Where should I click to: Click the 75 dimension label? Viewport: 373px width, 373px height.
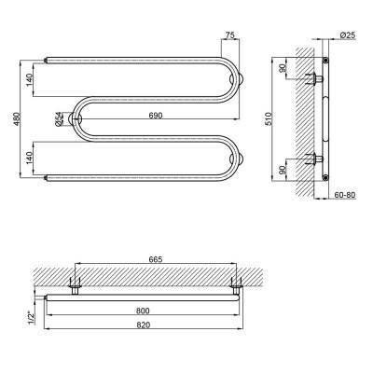229,35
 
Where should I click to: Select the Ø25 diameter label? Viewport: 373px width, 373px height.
348,35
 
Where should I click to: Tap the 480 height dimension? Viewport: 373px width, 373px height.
17,119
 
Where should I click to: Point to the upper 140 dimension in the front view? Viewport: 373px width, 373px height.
29,80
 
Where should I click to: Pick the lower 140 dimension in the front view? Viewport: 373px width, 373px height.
29,158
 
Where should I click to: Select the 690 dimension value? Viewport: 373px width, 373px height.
156,116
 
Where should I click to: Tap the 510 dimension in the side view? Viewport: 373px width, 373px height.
269,118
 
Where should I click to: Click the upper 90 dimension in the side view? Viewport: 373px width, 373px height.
283,68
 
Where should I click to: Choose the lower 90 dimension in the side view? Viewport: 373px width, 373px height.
283,170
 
